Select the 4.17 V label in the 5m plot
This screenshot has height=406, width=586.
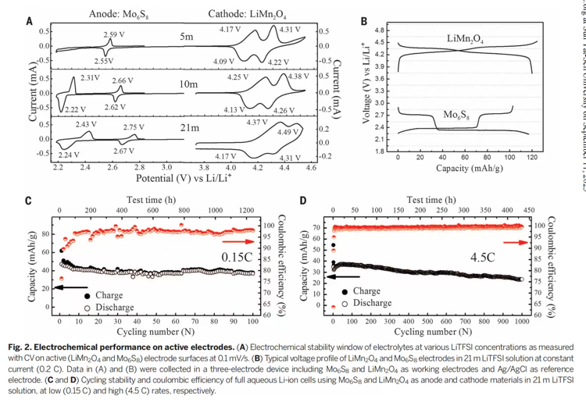coord(230,29)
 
